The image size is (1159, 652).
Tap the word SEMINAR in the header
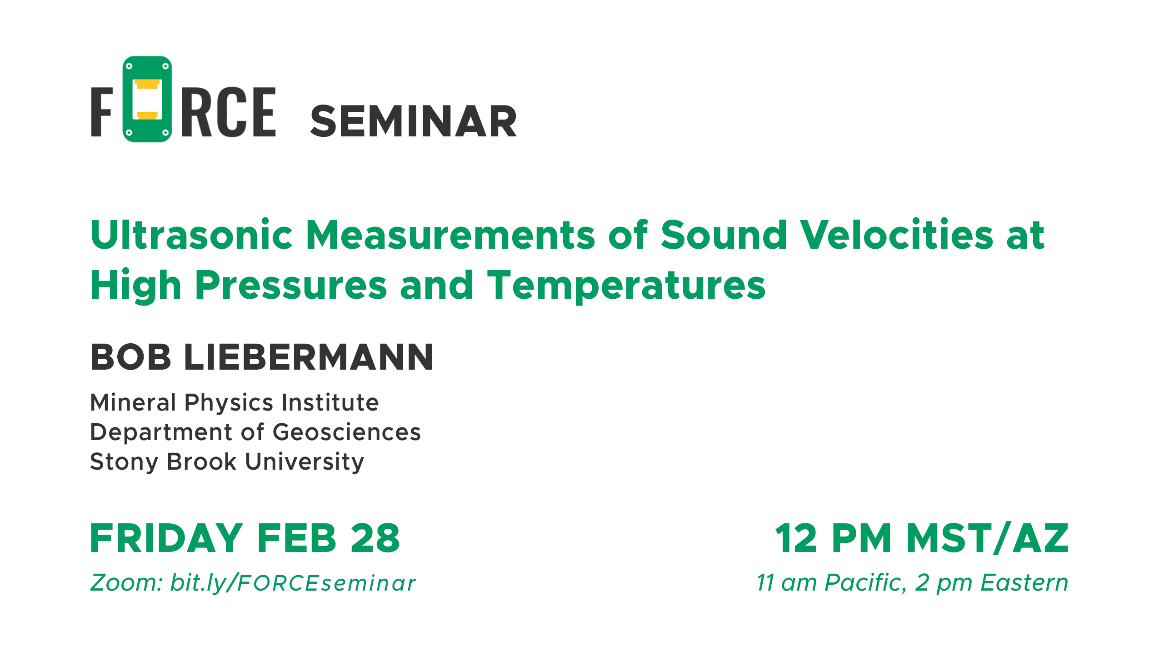(x=413, y=121)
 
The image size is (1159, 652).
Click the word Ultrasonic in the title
(x=192, y=235)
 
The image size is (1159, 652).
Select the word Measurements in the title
(x=450, y=235)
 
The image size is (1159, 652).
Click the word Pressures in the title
(x=291, y=285)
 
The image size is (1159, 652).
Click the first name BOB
(x=131, y=357)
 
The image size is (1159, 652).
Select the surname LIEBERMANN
(x=309, y=357)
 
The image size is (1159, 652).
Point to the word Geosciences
(x=346, y=432)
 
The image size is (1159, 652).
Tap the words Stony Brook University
(x=227, y=462)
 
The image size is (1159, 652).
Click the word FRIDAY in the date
(x=166, y=538)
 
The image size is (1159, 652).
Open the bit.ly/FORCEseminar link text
(x=293, y=583)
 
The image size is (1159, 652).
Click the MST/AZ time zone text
(x=987, y=538)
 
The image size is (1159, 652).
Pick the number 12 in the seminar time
(x=796, y=538)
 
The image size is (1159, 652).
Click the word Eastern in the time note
(x=1024, y=583)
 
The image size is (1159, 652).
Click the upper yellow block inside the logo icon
(x=147, y=84)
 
